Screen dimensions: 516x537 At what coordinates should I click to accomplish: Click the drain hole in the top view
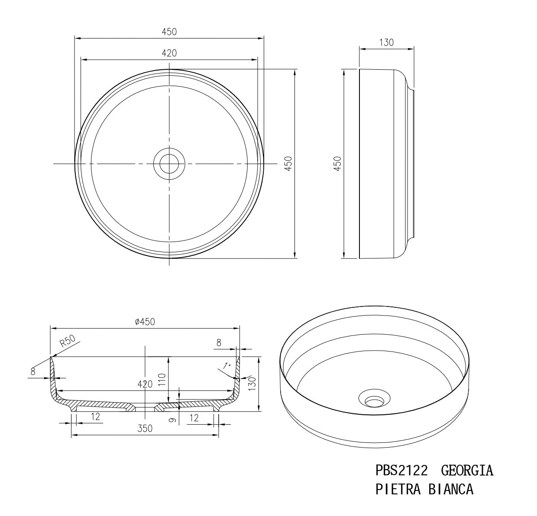point(169,164)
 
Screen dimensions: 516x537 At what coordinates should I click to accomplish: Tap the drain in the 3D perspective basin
point(374,400)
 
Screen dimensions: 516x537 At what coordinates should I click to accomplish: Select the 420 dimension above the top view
point(169,53)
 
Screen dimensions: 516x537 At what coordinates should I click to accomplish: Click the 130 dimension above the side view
point(386,42)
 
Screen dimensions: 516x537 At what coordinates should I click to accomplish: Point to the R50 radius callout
point(68,342)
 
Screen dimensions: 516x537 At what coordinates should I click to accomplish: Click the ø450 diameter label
point(145,321)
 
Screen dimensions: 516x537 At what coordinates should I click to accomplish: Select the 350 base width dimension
point(145,429)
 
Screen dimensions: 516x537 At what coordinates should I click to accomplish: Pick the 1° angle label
point(226,366)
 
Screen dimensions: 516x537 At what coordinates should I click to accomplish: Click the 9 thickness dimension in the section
point(172,419)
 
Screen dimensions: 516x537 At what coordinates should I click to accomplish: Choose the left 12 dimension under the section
point(96,416)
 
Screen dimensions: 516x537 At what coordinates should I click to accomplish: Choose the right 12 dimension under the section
point(194,418)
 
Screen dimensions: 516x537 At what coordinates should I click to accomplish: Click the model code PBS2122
point(402,470)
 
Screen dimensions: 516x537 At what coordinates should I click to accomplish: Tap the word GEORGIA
point(467,470)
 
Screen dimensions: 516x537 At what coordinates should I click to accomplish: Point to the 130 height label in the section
point(252,381)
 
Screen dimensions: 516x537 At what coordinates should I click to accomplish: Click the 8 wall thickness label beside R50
point(33,371)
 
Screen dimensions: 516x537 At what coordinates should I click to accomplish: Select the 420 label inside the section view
point(145,384)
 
